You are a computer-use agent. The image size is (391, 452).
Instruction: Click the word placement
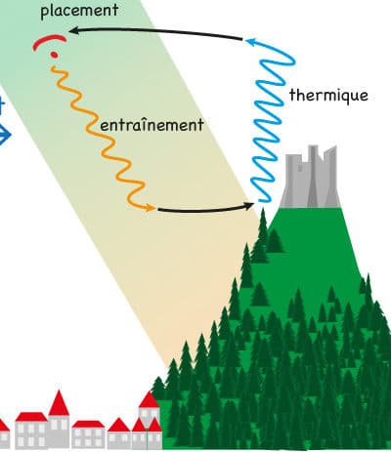[x=79, y=12]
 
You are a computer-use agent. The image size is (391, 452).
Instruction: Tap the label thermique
[x=328, y=96]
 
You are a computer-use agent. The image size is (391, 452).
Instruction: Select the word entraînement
[x=152, y=125]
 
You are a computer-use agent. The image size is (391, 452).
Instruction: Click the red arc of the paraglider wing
[x=49, y=40]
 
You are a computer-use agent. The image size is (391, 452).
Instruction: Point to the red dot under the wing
[x=55, y=55]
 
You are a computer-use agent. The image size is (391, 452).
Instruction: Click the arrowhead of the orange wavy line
[x=151, y=207]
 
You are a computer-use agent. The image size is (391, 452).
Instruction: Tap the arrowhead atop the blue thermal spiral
[x=251, y=42]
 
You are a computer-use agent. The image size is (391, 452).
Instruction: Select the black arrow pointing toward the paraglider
[x=155, y=31]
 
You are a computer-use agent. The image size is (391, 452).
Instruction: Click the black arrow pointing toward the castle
[x=205, y=210]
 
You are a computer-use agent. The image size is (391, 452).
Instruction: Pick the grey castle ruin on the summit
[x=311, y=178]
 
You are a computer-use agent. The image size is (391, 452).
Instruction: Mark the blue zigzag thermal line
[x=272, y=120]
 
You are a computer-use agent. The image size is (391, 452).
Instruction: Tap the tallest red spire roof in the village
[x=59, y=403]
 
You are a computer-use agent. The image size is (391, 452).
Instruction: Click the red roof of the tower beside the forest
[x=149, y=400]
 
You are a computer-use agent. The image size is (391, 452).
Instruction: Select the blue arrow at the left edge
[x=4, y=134]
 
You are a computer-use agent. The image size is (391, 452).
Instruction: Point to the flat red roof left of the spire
[x=31, y=417]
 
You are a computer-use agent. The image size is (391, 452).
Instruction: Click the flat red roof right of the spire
[x=88, y=424]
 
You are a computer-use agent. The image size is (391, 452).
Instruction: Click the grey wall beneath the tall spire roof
[x=59, y=431]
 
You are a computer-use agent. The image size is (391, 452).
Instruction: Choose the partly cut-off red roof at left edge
[x=3, y=426]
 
